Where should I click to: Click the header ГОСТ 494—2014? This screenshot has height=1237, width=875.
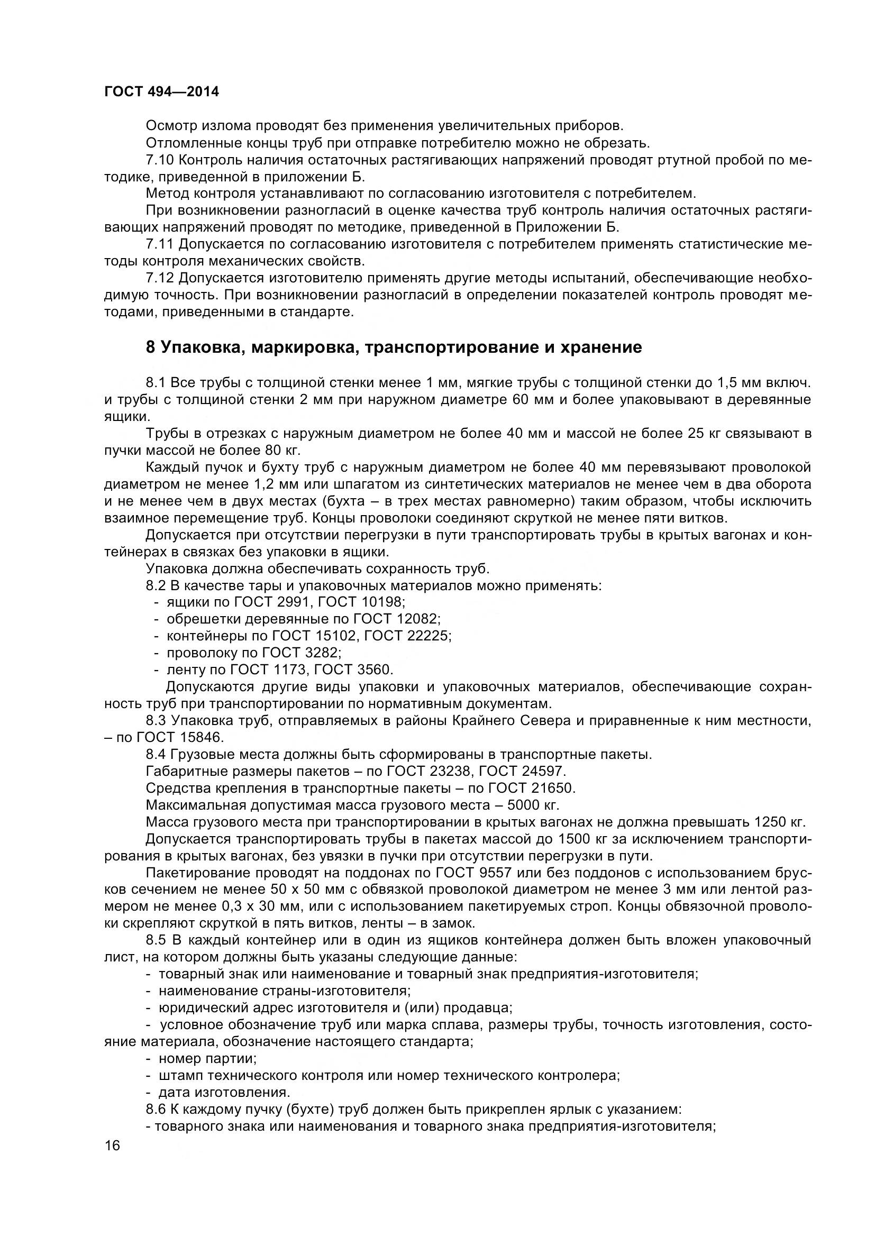click(x=161, y=92)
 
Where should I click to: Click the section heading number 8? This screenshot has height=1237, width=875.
click(x=150, y=347)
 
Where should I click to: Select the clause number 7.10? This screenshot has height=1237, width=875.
click(x=159, y=160)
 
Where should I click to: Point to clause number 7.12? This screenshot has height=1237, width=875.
click(x=159, y=278)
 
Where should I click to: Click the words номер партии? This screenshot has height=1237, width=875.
click(x=207, y=1059)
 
